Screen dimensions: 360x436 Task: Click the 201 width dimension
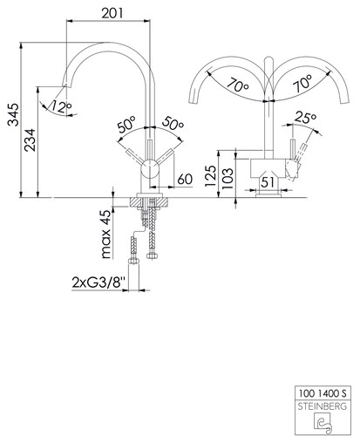(x=112, y=13)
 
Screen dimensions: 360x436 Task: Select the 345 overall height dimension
(x=13, y=114)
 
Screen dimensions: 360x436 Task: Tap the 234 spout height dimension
(x=30, y=140)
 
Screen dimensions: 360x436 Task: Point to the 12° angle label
(x=61, y=106)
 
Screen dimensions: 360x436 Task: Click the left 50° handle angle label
(x=127, y=124)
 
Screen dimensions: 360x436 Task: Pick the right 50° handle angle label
(x=173, y=123)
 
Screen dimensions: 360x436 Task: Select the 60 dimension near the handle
(x=185, y=179)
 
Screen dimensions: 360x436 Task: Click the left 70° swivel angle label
(x=238, y=85)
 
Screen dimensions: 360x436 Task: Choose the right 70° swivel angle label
(x=302, y=83)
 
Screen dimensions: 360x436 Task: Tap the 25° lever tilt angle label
(x=305, y=117)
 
